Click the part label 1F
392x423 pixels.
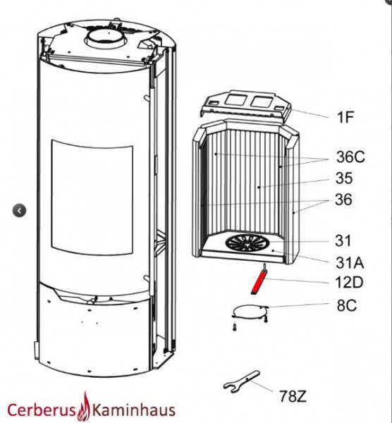(345, 117)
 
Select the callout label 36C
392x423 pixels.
(350, 157)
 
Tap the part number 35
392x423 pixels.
(344, 178)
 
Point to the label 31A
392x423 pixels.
(350, 263)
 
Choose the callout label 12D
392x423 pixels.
(349, 283)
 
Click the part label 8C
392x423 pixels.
(346, 306)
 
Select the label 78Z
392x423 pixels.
(293, 396)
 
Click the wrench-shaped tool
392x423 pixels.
(241, 381)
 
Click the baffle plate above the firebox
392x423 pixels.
(245, 104)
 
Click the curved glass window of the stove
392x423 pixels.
(92, 197)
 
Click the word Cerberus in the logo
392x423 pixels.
(42, 410)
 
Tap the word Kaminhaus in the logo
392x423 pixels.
(133, 410)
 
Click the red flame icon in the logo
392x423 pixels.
(84, 407)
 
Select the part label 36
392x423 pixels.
(344, 200)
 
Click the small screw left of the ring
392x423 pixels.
(234, 327)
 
